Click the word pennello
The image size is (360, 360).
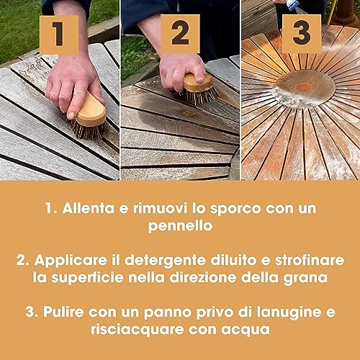[180, 228]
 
